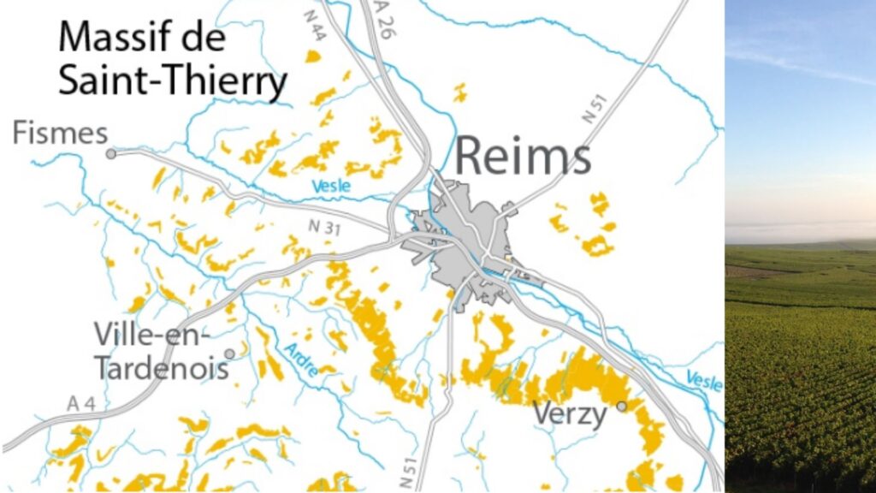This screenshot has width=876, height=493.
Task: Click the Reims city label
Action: click(x=522, y=157)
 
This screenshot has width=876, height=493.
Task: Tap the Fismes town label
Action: click(x=60, y=134)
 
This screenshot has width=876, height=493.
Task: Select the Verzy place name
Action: click(x=570, y=415)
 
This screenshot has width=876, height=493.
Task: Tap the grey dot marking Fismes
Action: click(x=110, y=154)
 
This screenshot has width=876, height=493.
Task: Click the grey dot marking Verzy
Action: click(x=622, y=406)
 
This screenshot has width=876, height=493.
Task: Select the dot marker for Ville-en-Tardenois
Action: click(x=228, y=353)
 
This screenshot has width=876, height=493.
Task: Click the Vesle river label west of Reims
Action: click(x=331, y=186)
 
